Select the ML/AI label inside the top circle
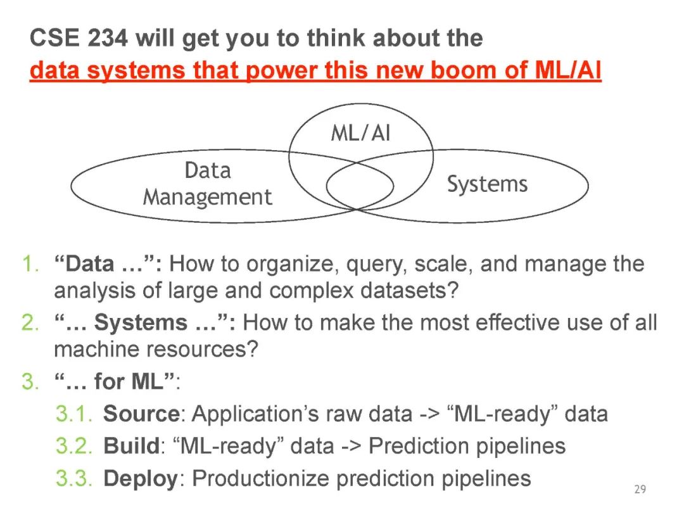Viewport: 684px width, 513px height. [360, 134]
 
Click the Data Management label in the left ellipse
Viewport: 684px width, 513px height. [207, 184]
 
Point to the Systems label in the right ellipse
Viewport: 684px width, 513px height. [487, 184]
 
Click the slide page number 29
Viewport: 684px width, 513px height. [640, 489]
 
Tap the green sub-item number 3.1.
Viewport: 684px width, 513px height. [75, 414]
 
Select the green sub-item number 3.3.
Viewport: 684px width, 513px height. [75, 478]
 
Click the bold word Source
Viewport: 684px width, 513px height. [141, 414]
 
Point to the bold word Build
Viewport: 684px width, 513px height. [130, 446]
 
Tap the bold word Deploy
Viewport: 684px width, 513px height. [140, 479]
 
